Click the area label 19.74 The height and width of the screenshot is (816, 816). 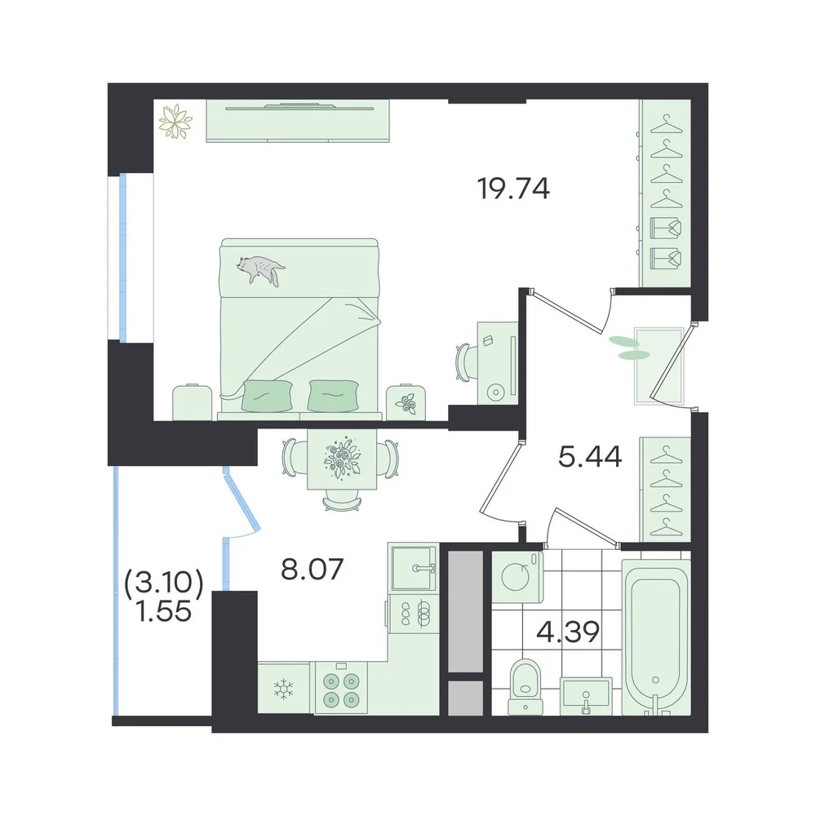click(513, 189)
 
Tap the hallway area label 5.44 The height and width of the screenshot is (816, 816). click(590, 458)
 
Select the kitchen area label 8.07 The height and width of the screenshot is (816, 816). click(313, 570)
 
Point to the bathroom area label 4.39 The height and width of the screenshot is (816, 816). click(568, 632)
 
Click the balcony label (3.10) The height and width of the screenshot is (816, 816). click(163, 583)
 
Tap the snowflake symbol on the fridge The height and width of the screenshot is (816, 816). click(284, 689)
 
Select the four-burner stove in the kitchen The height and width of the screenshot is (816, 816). click(339, 688)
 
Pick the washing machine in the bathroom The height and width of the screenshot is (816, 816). click(517, 577)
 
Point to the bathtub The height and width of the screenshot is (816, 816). click(656, 637)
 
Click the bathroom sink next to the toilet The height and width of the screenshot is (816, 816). click(586, 694)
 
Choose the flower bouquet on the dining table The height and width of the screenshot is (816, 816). click(343, 459)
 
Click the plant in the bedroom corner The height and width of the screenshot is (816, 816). click(175, 123)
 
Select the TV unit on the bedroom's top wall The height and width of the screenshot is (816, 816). click(298, 120)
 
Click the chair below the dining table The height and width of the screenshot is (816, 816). click(342, 502)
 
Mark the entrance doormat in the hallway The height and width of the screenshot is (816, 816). click(659, 366)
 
